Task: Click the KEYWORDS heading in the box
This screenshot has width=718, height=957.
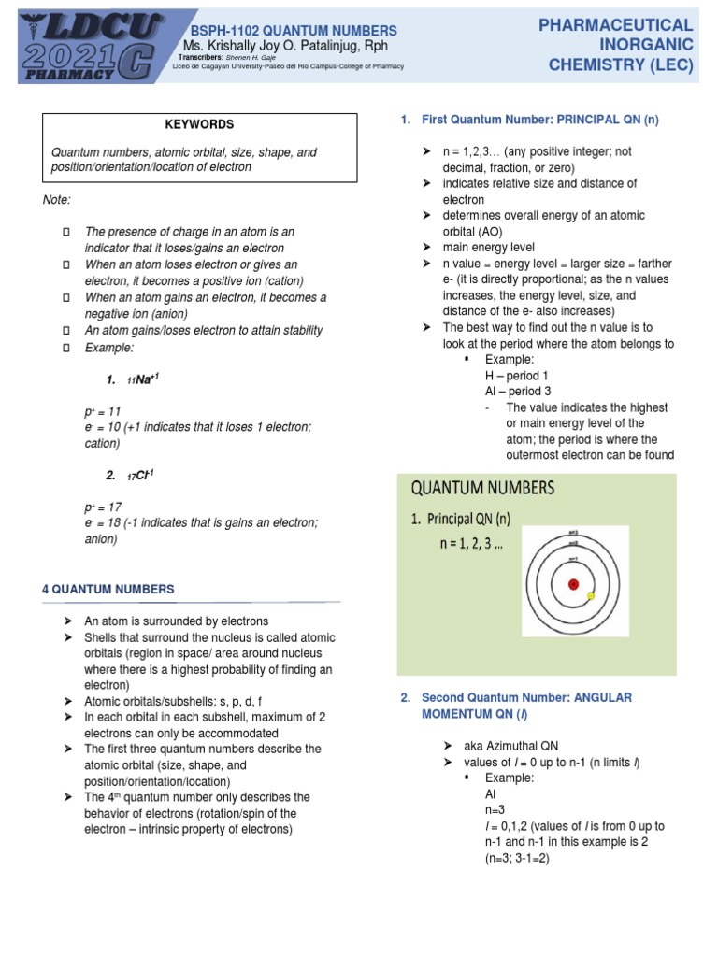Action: [x=199, y=124]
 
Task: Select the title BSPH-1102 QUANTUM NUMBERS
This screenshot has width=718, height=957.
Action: [x=294, y=31]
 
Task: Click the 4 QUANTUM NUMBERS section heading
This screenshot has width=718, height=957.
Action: [x=108, y=589]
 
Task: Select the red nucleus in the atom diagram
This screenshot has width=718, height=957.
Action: [x=573, y=584]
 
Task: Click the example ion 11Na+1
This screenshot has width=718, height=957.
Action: [x=129, y=379]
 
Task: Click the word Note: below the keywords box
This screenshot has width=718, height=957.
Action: [x=57, y=200]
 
